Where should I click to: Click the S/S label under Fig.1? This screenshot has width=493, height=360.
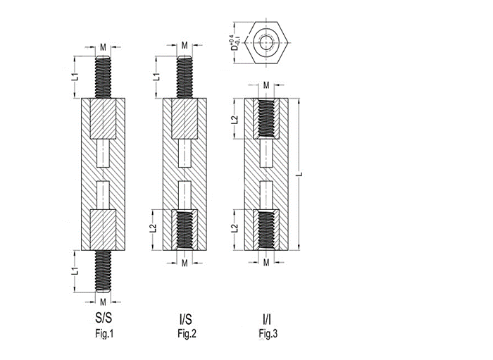(104, 318)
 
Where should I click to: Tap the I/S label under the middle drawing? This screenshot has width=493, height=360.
(185, 319)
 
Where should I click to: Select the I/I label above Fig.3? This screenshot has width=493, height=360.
(267, 319)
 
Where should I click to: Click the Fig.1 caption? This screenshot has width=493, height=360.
(104, 334)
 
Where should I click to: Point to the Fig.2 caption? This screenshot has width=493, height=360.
(187, 334)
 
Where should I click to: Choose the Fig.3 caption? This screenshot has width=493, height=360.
(268, 334)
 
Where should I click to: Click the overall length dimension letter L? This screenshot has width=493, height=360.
(301, 174)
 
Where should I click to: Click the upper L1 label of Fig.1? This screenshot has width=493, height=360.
(75, 77)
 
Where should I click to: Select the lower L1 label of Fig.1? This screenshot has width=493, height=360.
(75, 271)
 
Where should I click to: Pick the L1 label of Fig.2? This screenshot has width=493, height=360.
(156, 77)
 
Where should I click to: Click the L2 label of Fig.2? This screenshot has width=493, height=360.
(153, 228)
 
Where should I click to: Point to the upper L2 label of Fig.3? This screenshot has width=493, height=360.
(235, 120)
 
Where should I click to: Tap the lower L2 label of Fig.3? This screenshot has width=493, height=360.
(235, 228)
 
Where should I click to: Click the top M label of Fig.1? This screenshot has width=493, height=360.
(103, 47)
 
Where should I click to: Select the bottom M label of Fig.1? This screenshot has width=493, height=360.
(103, 302)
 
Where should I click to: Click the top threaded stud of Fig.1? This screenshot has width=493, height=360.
(103, 77)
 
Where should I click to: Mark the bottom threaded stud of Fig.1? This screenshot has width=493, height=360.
(103, 271)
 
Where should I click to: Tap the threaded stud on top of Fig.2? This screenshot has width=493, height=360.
(185, 77)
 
